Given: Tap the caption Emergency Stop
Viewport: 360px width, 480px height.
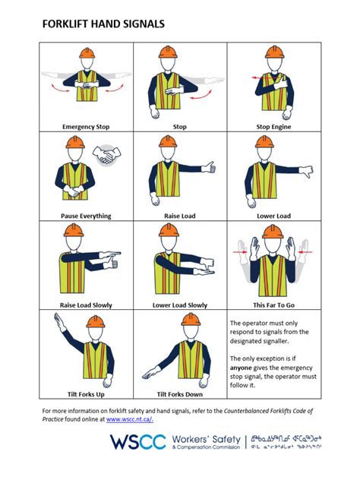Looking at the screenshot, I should point(86,126).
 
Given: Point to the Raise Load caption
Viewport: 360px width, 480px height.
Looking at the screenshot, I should point(179,216).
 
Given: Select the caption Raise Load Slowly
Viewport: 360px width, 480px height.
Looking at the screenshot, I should point(86,305).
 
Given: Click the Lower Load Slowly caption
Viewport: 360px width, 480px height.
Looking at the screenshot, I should point(179,305).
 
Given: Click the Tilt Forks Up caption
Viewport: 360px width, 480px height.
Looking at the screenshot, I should point(86,393).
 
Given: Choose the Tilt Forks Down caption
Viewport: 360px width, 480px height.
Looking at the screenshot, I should point(179,393).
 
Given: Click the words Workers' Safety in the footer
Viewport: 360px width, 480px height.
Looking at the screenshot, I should point(204,438).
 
